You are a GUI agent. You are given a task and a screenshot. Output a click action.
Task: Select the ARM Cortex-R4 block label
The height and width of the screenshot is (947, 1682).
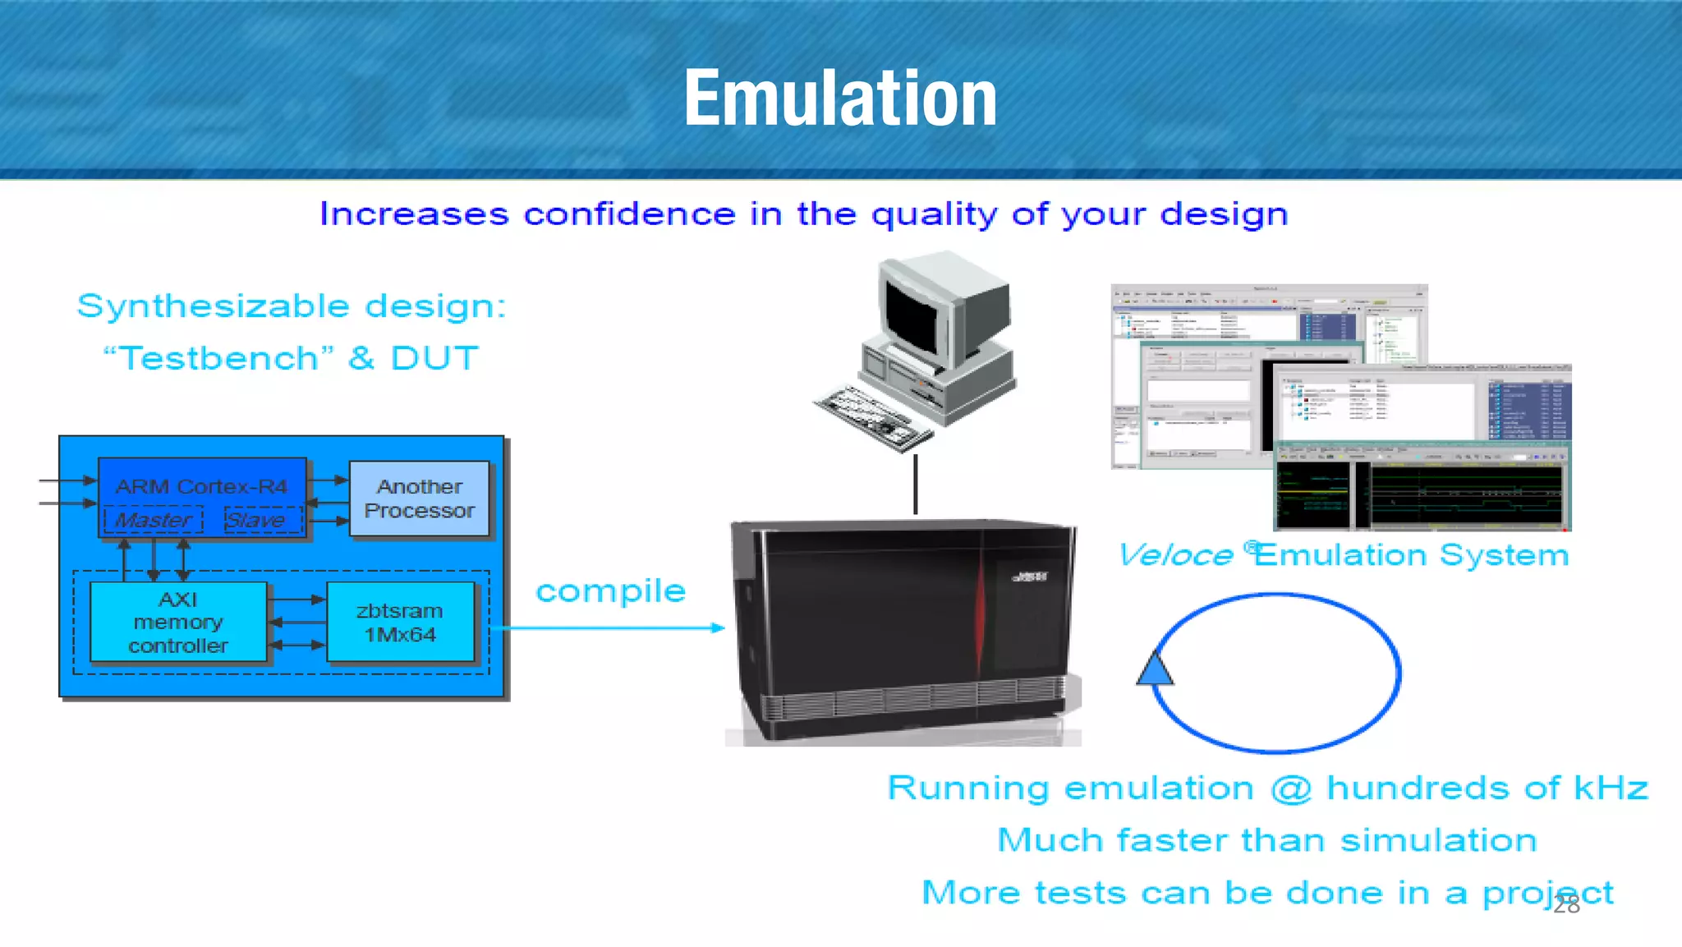201,486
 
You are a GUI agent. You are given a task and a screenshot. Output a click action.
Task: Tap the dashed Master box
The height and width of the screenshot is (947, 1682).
154,520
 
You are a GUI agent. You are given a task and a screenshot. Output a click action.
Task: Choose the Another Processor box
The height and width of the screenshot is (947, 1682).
419,499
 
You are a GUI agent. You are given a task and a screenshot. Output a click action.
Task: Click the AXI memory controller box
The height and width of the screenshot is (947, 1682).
178,622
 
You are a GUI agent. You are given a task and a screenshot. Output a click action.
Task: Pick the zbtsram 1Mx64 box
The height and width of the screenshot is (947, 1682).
400,622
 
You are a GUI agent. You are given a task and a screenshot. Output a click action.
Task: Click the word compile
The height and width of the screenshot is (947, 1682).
610,591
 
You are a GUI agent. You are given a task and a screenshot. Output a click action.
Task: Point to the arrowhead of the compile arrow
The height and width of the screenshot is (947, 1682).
719,628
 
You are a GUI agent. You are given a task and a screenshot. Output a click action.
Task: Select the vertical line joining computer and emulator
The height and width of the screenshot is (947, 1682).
916,485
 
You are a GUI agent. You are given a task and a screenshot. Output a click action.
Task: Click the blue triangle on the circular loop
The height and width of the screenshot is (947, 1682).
1155,669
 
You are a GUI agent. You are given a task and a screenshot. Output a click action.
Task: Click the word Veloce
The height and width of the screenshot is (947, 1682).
1176,555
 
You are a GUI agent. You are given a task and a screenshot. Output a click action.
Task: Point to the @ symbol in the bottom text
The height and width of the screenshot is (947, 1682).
1290,788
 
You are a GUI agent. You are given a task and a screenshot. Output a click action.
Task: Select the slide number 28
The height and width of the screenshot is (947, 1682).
1566,904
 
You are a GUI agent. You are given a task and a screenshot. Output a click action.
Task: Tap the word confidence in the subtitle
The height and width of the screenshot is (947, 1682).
629,214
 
